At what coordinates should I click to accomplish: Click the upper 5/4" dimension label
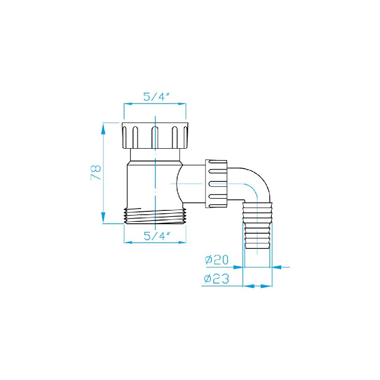[x=156, y=97]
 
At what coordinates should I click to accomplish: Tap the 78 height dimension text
[x=96, y=172]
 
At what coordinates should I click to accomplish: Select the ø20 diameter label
[x=217, y=260]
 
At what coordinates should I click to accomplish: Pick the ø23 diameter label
[x=217, y=279]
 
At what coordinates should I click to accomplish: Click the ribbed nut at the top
[x=155, y=135]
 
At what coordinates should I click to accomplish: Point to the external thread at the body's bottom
[x=155, y=216]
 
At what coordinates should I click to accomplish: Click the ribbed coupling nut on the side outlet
[x=216, y=184]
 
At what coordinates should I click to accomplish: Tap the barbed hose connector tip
[x=257, y=226]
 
